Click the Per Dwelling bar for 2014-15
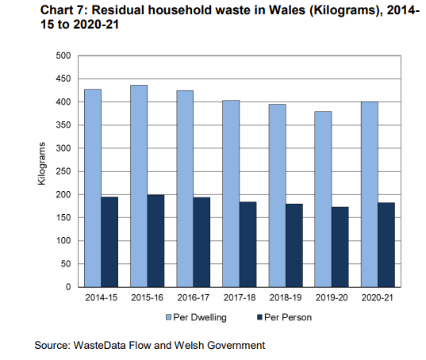[x=93, y=188]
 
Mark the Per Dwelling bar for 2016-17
[x=186, y=189]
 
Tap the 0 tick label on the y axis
[x=69, y=287]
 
